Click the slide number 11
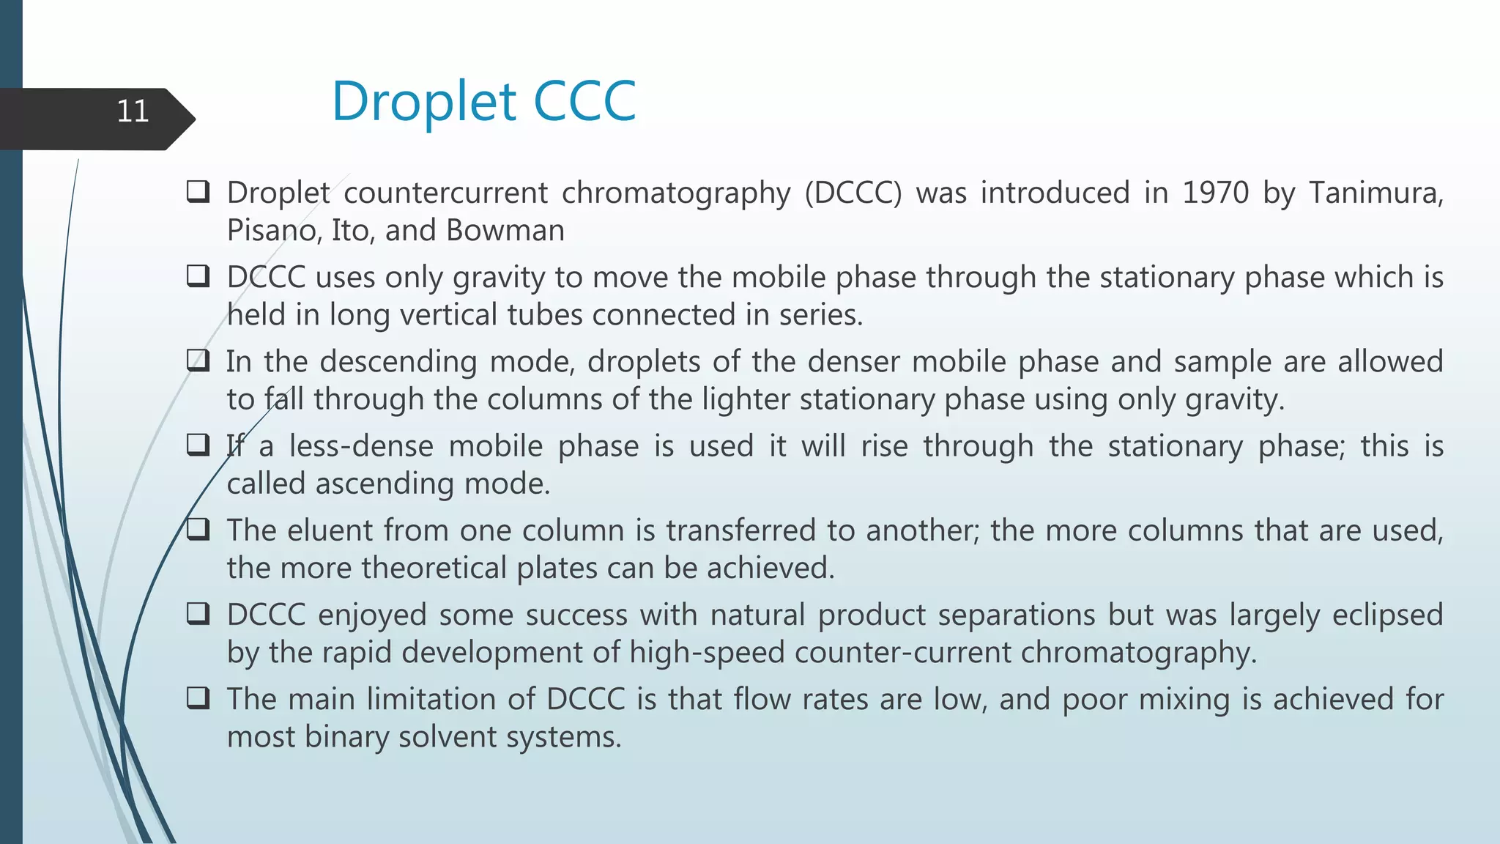click(133, 111)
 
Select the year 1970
click(1215, 193)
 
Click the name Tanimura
click(1375, 193)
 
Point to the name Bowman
click(505, 231)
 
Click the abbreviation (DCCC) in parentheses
click(853, 193)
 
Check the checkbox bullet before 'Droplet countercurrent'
click(198, 192)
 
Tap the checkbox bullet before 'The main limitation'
click(198, 698)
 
